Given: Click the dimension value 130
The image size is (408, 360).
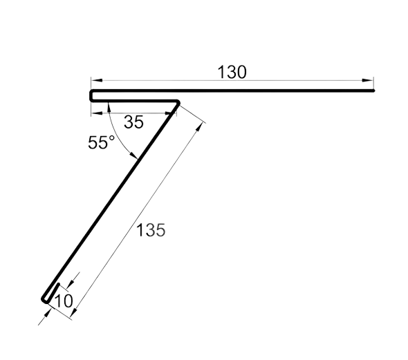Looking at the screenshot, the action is coord(232,72).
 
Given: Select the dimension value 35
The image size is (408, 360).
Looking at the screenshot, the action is coord(133,122).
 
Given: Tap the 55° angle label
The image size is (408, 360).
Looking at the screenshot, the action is coord(101,142).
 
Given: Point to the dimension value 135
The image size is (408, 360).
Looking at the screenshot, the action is coord(151,230).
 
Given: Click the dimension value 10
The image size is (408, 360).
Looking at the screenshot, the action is coord(64,301).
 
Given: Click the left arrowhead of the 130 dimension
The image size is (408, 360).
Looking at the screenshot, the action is coord(96,81).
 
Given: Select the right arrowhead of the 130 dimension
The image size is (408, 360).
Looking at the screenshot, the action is coord(368,81).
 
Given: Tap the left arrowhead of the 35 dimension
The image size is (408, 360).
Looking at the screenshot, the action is coord(97,113).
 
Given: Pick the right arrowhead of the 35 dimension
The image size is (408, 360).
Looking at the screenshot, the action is coord(171,113).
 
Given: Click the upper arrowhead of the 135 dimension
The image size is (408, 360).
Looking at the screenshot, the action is coord(199,128).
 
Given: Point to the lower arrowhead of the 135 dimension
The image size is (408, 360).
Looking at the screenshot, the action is coord(75,312).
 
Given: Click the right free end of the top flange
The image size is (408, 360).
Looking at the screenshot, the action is coord(373,91).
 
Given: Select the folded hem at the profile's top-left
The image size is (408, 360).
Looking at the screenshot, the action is coord(91,95).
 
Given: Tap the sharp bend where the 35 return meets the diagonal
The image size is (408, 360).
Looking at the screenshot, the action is coord(178,102).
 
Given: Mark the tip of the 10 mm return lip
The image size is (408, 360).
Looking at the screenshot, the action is coord(59,284).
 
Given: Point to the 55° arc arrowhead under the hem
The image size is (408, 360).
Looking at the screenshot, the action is coord(109,107).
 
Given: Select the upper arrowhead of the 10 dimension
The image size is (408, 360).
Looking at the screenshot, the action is coord(71,283).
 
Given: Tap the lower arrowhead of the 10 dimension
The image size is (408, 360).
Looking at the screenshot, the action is coord(47,314).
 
